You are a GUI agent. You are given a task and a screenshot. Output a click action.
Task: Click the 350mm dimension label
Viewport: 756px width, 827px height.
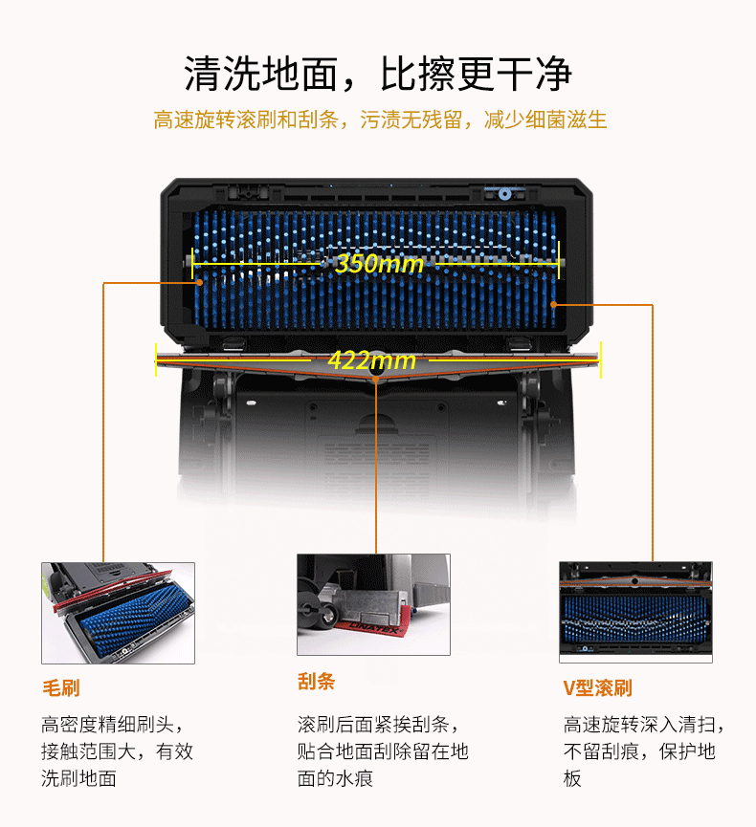click(x=379, y=263)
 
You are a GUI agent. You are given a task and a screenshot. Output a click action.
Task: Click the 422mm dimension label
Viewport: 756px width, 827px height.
click(x=371, y=360)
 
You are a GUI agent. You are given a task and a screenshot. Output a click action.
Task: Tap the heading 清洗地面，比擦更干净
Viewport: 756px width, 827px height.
click(x=377, y=74)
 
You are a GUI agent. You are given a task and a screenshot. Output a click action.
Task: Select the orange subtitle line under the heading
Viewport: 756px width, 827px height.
click(x=380, y=120)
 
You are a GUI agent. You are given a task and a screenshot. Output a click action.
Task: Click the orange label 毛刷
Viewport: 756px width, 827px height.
click(x=61, y=687)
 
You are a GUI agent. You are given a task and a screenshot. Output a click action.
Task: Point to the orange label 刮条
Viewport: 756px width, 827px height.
click(x=316, y=681)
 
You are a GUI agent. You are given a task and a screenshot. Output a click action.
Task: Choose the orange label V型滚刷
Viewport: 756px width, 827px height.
click(x=597, y=687)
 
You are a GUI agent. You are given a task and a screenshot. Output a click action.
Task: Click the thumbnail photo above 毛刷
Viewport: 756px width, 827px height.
click(x=119, y=613)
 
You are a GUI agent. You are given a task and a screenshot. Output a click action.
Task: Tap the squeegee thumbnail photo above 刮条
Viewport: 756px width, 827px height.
click(x=374, y=604)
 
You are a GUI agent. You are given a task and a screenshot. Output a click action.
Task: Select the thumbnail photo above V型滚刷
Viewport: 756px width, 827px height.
click(x=635, y=612)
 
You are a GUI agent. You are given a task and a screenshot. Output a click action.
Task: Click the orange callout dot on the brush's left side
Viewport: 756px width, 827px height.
click(x=200, y=282)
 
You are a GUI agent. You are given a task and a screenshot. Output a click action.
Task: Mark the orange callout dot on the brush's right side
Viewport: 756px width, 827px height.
click(x=553, y=304)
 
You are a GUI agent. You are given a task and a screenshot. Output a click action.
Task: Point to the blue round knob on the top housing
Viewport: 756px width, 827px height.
click(x=504, y=194)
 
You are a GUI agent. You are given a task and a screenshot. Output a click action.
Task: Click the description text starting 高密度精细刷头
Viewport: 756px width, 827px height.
click(x=117, y=751)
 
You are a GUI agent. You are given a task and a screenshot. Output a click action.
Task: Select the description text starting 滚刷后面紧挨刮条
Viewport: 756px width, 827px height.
click(x=383, y=751)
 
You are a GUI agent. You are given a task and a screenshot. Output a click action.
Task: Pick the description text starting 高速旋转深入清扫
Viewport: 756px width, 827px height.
click(x=643, y=751)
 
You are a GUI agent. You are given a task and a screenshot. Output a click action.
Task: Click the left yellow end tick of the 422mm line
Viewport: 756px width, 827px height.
click(x=156, y=360)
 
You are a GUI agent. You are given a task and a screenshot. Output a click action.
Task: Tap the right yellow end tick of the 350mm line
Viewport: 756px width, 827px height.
click(x=559, y=261)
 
